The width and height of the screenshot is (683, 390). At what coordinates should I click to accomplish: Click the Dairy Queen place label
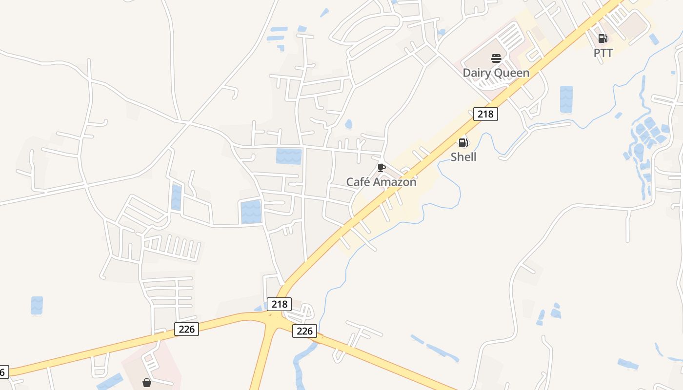pos(496,73)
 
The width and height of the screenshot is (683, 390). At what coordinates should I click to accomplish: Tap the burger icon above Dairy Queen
pos(496,59)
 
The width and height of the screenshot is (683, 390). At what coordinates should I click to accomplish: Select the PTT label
pos(603,53)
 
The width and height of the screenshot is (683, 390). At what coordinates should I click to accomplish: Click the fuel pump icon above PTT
pos(603,39)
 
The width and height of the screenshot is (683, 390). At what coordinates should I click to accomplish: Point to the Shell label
pos(463,157)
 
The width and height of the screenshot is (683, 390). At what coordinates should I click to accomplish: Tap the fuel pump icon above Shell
pos(463,143)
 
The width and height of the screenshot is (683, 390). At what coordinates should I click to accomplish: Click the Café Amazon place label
pos(381,182)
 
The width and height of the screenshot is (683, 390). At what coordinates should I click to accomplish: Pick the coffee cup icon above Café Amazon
pos(382,168)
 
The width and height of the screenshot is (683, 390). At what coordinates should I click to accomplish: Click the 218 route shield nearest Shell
pos(485,115)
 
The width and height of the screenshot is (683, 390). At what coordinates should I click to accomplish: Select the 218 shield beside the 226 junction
pos(279,304)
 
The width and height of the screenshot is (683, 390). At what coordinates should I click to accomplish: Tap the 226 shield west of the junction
pos(186,329)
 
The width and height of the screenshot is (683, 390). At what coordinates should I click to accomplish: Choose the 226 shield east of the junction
pos(304,331)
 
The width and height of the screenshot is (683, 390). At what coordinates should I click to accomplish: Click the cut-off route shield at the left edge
pos(3,372)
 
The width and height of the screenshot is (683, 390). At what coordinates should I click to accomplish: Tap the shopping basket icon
pos(146,383)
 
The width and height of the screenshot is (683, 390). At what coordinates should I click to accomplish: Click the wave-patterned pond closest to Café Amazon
pos(289,156)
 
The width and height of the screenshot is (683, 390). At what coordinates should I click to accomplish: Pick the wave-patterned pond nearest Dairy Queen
pos(566,99)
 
